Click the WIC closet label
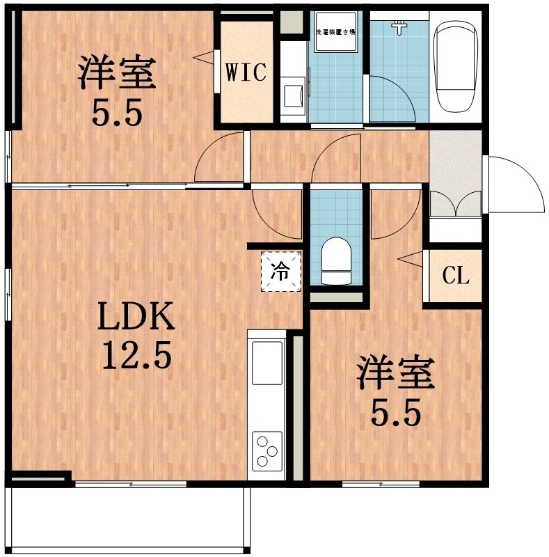[x=246, y=73]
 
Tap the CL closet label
[x=456, y=276]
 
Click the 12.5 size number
[x=136, y=357]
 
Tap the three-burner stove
[x=267, y=449]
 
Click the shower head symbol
[x=399, y=27]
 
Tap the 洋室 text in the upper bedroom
[x=116, y=74]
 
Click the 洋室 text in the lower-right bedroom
[x=396, y=373]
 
